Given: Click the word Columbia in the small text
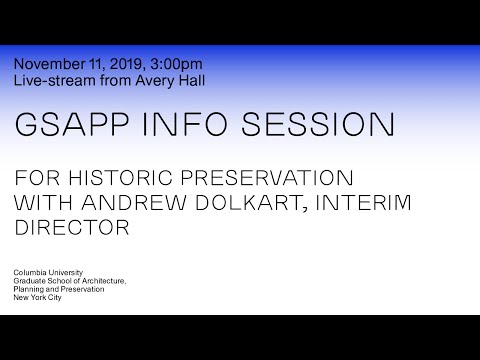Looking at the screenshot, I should point(30,273).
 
